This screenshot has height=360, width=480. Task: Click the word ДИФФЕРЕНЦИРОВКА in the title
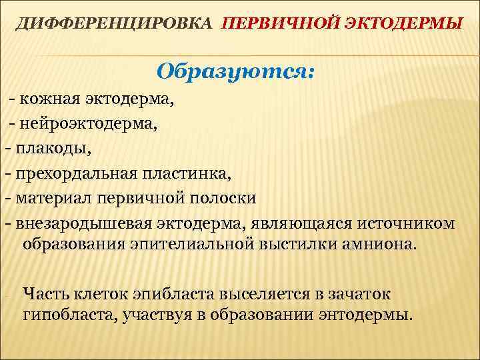click(115, 24)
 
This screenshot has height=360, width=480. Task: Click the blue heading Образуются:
click(235, 70)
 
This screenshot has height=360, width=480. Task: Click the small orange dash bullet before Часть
click(5, 294)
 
